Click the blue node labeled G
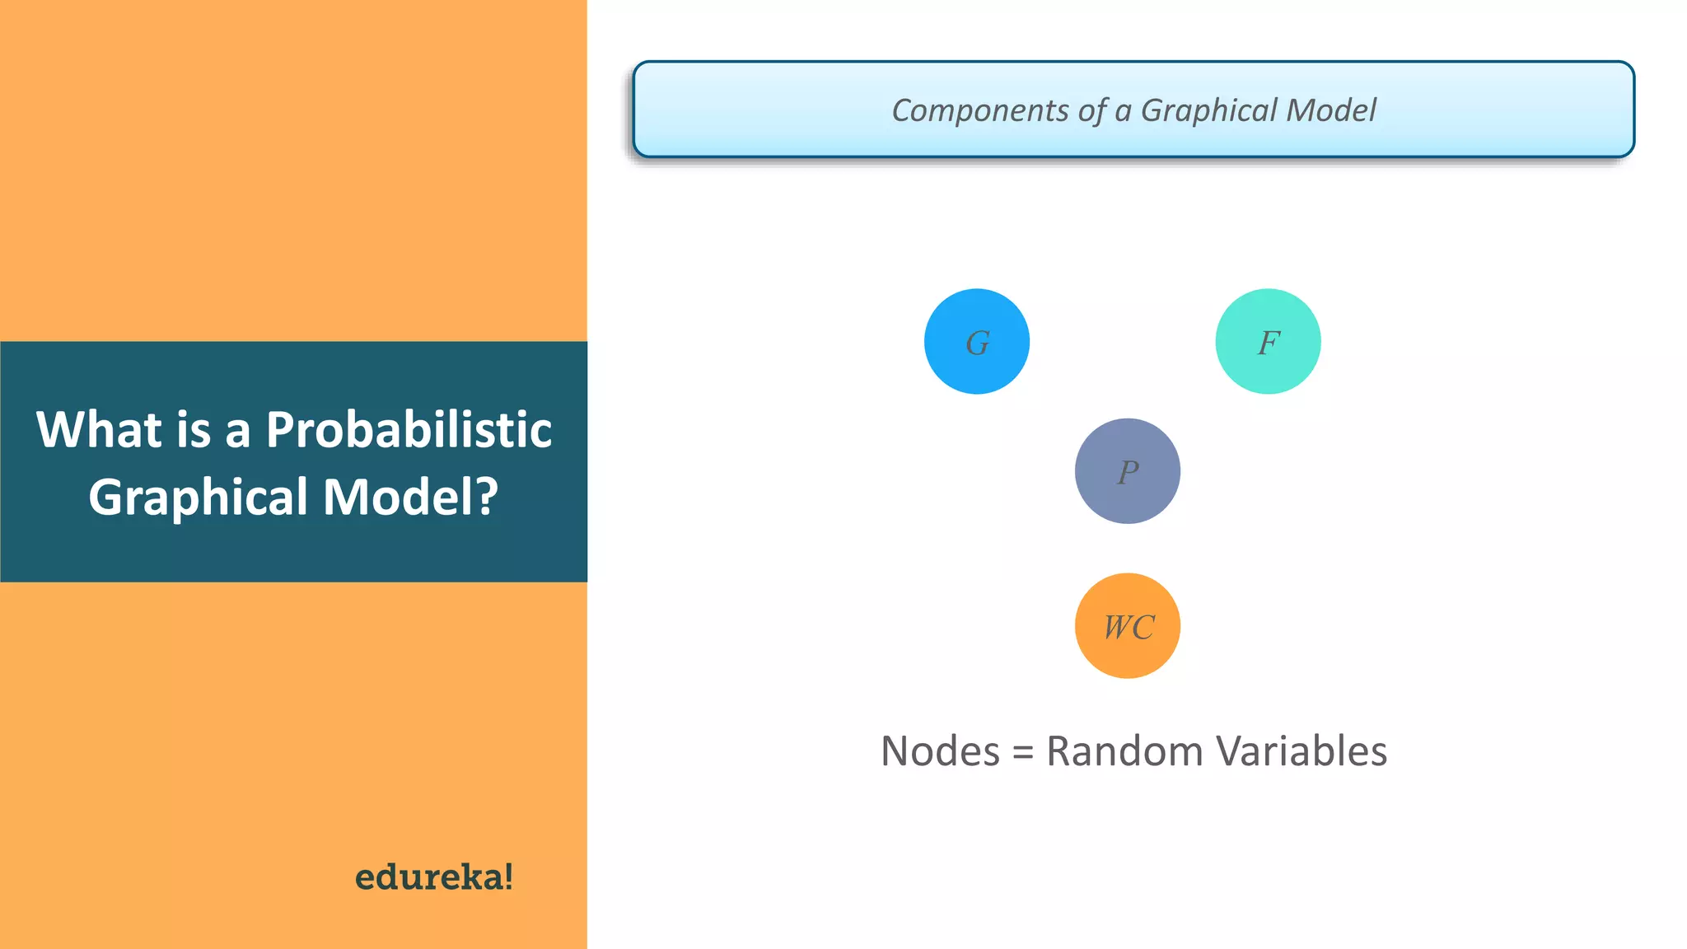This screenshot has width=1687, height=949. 977,342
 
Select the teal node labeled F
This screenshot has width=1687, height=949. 1268,342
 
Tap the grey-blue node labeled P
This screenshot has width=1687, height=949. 1128,471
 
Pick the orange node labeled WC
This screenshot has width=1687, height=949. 1128,626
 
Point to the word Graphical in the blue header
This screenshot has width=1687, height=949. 1209,110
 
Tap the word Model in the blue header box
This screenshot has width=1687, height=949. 1331,110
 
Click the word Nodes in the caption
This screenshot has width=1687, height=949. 940,751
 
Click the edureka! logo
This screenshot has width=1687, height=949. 434,877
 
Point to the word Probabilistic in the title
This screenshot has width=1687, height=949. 409,429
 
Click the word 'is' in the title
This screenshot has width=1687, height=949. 194,429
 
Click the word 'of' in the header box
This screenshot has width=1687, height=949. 1091,110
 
